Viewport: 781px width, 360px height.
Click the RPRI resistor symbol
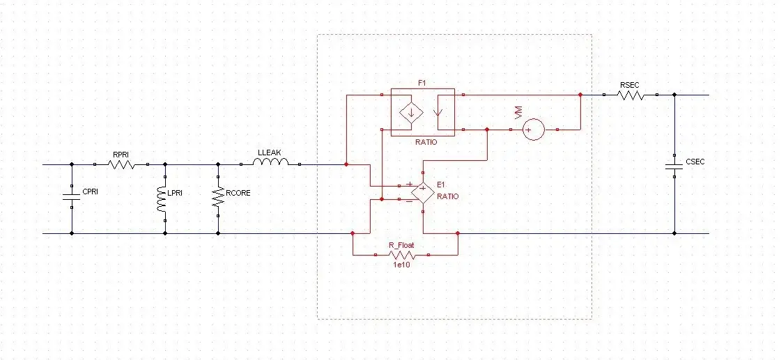(121, 165)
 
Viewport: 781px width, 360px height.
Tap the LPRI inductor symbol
(164, 199)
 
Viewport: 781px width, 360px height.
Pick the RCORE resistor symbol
(219, 198)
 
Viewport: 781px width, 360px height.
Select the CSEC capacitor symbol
(674, 167)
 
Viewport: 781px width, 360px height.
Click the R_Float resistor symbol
(402, 255)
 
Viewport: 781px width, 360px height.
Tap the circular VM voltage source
(534, 130)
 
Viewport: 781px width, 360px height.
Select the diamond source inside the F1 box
(410, 111)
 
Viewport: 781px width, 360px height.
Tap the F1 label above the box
(422, 83)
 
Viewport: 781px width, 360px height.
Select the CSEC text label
(695, 162)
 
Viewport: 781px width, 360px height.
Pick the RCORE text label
(238, 193)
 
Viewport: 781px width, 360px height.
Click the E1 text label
(440, 185)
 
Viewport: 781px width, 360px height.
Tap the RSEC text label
(629, 85)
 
